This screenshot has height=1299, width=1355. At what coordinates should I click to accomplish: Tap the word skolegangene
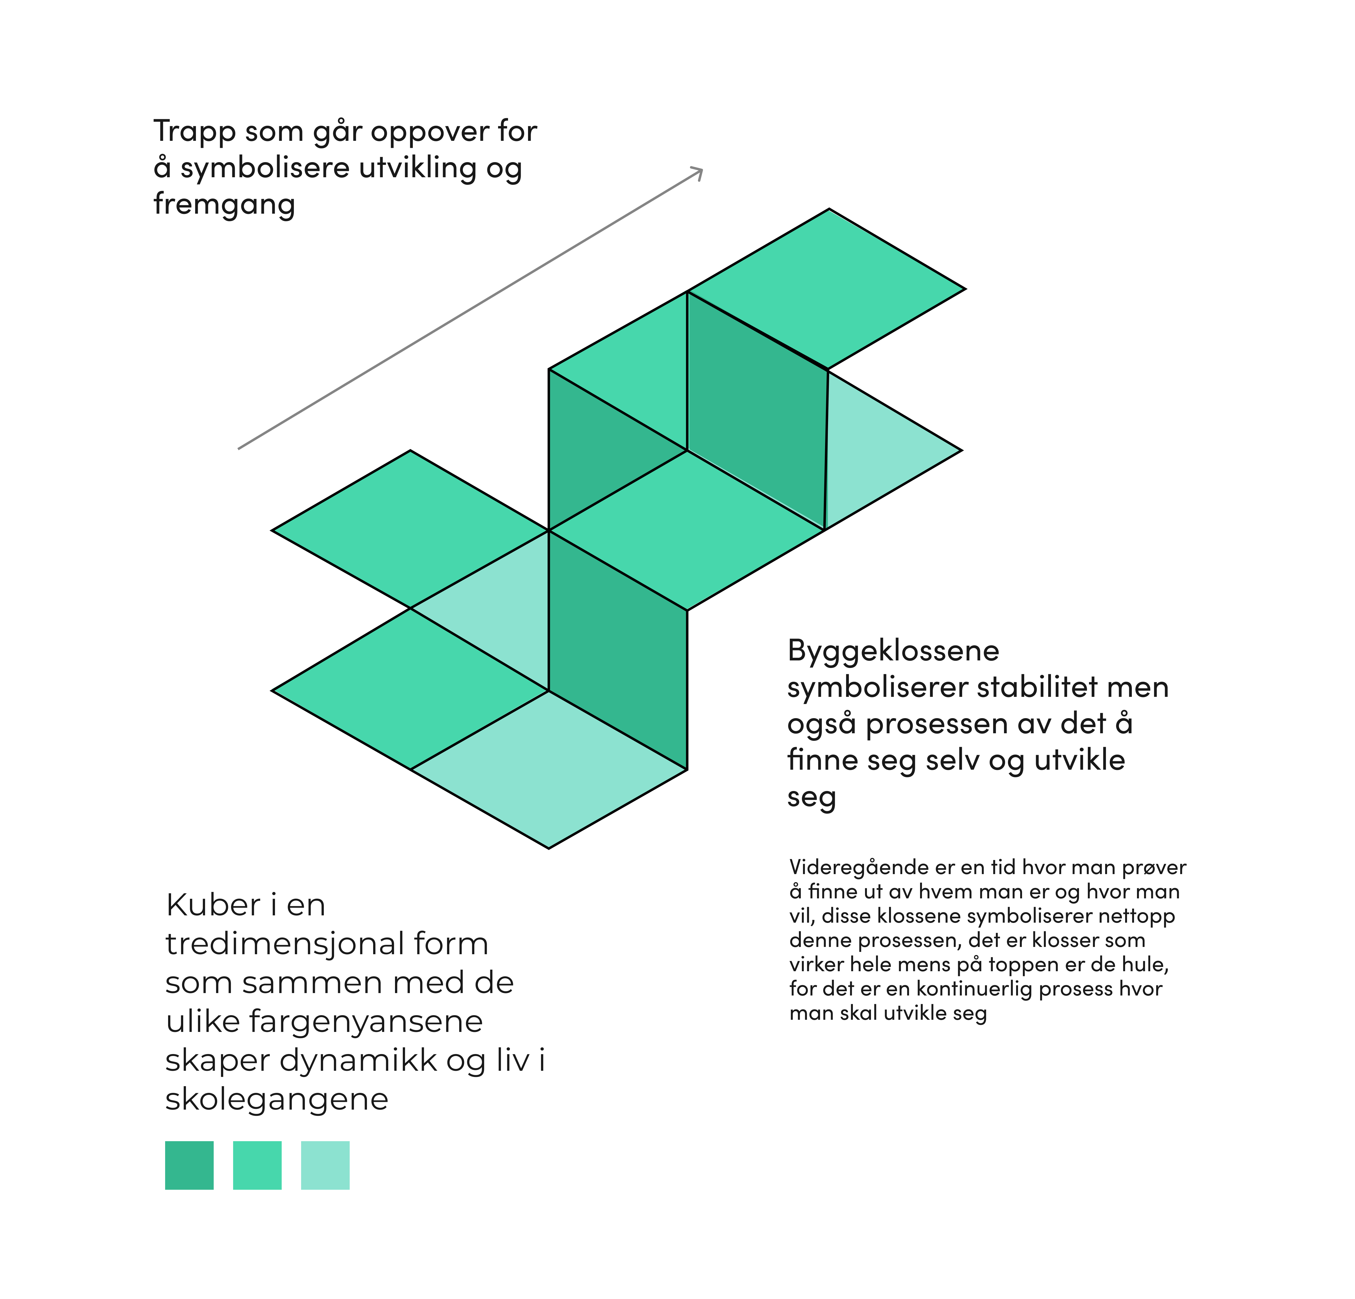tap(277, 1099)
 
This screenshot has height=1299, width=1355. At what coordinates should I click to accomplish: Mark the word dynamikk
tap(358, 1061)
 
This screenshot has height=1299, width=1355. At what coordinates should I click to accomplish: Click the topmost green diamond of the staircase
tap(828, 289)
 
